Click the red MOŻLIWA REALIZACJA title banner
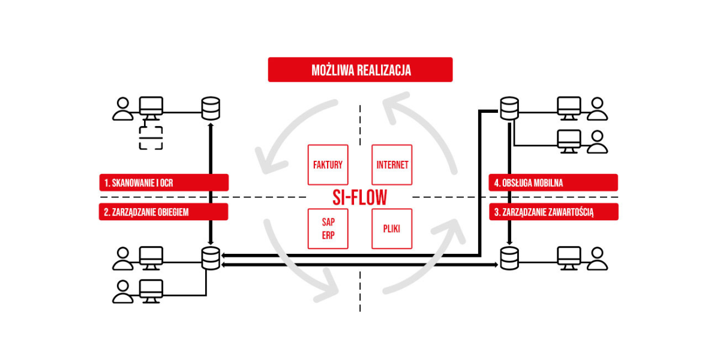(360, 70)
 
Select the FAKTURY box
(328, 164)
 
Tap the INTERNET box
(392, 164)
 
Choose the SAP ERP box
(328, 229)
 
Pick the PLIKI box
(392, 229)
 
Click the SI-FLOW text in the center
(360, 197)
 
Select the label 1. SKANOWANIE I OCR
(164, 182)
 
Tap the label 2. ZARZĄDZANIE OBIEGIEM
(164, 211)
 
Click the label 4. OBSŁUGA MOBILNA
(553, 182)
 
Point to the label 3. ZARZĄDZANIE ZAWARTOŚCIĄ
(553, 211)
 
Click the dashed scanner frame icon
(151, 138)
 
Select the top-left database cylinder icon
(211, 109)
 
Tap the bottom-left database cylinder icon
(211, 258)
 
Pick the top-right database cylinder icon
(509, 109)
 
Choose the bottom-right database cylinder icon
(509, 258)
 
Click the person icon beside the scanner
(123, 109)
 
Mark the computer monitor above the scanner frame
(151, 108)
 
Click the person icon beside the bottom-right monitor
(597, 258)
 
